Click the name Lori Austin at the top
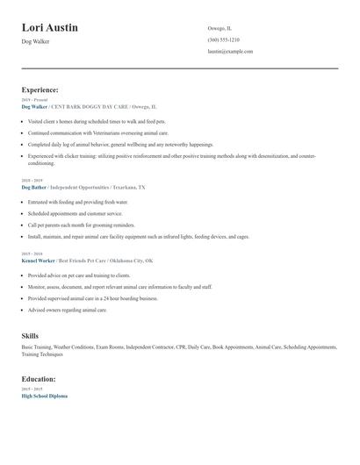click(49, 27)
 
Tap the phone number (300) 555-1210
click(223, 39)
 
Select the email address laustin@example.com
click(230, 52)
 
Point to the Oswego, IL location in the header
click(220, 28)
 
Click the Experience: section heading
click(40, 89)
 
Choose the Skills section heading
click(30, 336)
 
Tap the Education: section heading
click(39, 379)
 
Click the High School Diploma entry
click(44, 396)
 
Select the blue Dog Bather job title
click(34, 187)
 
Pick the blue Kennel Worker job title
click(38, 261)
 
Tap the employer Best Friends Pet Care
click(86, 261)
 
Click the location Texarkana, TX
click(129, 187)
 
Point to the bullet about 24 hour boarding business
click(92, 298)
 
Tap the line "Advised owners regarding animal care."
click(67, 310)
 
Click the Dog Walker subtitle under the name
click(35, 41)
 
